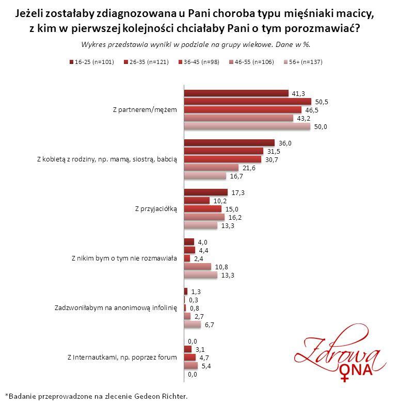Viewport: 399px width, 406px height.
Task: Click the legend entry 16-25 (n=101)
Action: pos(91,61)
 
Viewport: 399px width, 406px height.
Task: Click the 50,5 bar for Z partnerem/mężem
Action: pos(248,102)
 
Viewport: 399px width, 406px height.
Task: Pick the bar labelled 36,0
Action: pos(229,143)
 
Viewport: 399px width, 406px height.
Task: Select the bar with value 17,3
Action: pos(205,192)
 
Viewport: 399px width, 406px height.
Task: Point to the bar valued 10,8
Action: pos(198,267)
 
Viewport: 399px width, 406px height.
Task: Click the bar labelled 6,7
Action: pos(193,324)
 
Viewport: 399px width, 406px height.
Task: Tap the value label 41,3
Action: pos(298,93)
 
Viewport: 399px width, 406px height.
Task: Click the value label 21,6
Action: pos(248,168)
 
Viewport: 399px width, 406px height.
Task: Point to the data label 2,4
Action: pos(198,258)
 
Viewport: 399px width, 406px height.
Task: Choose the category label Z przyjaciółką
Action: pos(155,209)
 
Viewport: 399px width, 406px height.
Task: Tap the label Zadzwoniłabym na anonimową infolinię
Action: pos(116,308)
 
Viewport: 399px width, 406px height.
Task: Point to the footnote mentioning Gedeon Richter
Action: pos(97,397)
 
